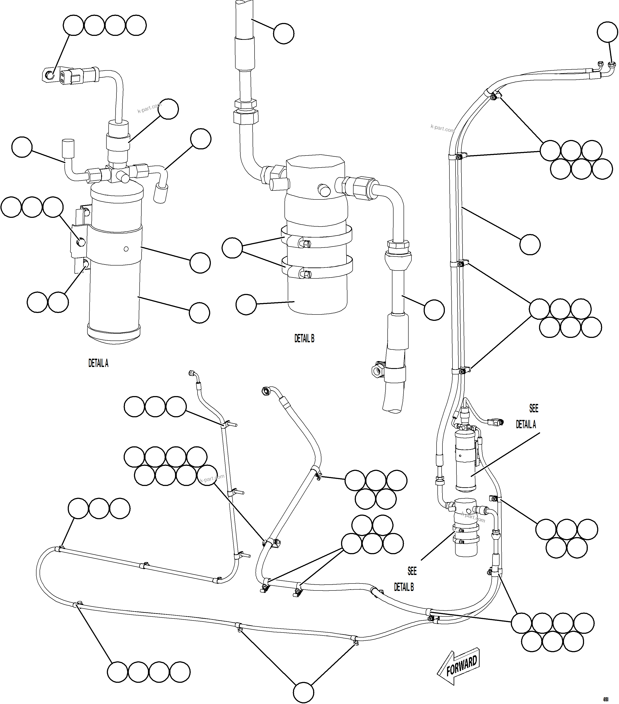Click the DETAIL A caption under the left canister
(98, 363)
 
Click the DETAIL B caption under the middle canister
(304, 338)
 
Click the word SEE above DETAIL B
(412, 571)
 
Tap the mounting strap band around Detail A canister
(114, 243)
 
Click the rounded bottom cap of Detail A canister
(114, 334)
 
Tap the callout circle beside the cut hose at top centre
(284, 33)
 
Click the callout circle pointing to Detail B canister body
(246, 304)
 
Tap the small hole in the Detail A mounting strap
(126, 249)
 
